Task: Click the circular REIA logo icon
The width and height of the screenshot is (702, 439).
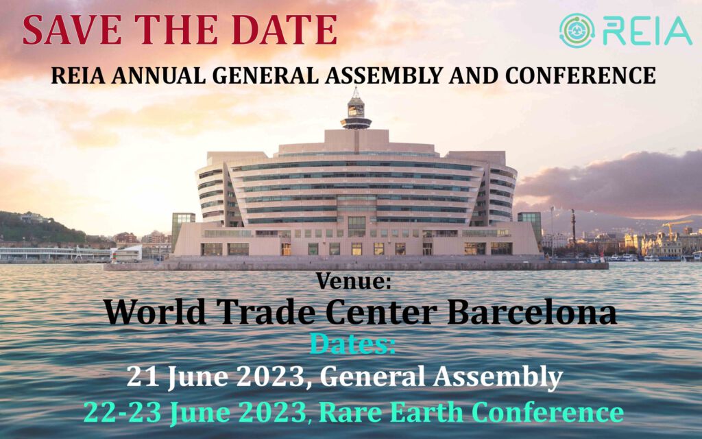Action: coord(577,30)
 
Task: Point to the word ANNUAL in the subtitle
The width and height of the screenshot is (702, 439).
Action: coord(158,75)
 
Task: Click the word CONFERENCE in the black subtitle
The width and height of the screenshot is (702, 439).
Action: coord(581,75)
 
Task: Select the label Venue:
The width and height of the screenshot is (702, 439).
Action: coord(353,281)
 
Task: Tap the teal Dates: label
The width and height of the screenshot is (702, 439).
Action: coord(352,344)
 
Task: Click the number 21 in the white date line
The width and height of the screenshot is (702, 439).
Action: coord(143,377)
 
